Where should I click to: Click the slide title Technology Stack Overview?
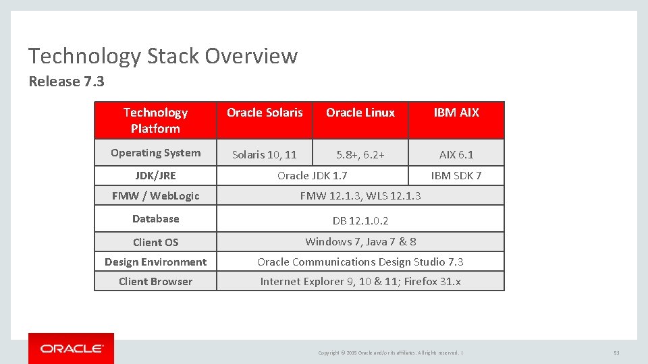[x=163, y=56]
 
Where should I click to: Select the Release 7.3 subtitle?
[x=66, y=82]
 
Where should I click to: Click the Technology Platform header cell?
[x=155, y=120]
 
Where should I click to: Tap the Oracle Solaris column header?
[x=265, y=113]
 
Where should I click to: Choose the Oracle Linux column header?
[x=360, y=113]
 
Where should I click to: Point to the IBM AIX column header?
[x=456, y=113]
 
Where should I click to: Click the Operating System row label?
[x=155, y=153]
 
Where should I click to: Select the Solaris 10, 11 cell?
[x=265, y=154]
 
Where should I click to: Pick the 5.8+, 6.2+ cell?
[x=360, y=154]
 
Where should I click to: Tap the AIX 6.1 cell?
[x=456, y=154]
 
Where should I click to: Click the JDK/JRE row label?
[x=155, y=176]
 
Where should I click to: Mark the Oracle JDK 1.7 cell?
[x=313, y=175]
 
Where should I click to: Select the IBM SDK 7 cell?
[x=456, y=175]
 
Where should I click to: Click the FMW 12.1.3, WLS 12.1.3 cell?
[x=360, y=195]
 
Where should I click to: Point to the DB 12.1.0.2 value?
[x=360, y=220]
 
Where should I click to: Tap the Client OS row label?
[x=155, y=242]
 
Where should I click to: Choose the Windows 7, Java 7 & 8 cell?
[x=360, y=241]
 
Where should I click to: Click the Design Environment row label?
[x=155, y=262]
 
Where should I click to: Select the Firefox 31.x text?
[x=432, y=281]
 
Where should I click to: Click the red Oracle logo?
[x=71, y=348]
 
